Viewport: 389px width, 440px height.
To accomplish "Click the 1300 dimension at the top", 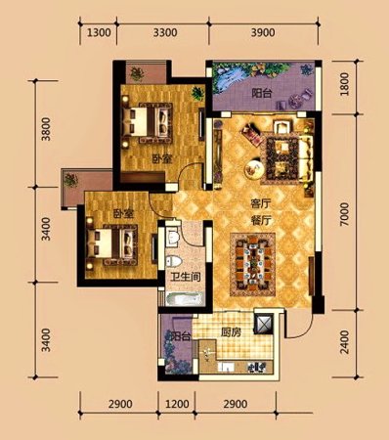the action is pos(98,32).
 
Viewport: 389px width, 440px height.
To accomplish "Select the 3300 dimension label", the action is pos(165,32).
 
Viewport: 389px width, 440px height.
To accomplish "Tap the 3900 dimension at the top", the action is pos(263,32).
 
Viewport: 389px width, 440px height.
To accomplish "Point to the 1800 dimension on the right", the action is pos(344,84).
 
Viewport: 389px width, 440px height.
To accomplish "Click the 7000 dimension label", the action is pos(344,214).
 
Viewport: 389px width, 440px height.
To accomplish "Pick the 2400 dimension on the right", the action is pos(344,342).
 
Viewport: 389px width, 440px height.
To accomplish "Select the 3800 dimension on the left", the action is pos(47,129).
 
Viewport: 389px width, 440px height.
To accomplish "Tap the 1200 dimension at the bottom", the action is pos(177,404).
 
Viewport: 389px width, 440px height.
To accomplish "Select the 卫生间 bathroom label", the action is pos(186,277).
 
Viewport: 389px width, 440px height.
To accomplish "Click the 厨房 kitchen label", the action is pos(231,332).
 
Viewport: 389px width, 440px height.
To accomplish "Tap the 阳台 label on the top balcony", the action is pos(262,94).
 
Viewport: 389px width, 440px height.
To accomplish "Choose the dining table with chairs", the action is pos(253,264).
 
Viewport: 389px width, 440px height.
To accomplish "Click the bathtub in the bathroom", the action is pos(185,299).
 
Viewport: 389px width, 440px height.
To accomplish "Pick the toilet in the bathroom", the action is pos(173,261).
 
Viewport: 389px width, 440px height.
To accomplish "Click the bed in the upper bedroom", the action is pos(147,123).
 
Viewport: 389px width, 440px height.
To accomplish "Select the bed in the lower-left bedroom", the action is pos(111,244).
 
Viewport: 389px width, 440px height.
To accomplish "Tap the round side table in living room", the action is pos(254,169).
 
